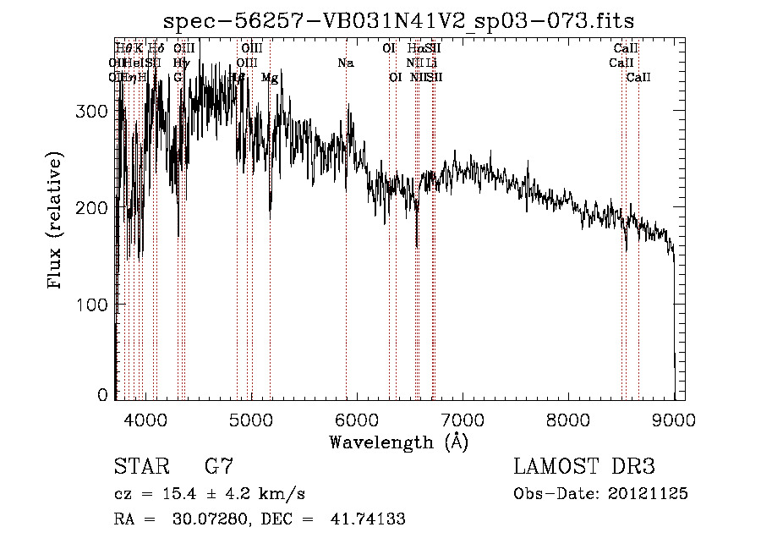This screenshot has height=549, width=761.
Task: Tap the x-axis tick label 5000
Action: click(251, 420)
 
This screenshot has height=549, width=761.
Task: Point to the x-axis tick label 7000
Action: click(463, 420)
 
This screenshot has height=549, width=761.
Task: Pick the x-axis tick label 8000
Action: click(568, 420)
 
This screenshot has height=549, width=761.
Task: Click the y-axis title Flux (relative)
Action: click(56, 222)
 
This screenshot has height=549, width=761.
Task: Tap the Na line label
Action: click(345, 63)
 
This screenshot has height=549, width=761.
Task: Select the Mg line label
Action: click(270, 78)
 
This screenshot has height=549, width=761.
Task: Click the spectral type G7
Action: click(219, 466)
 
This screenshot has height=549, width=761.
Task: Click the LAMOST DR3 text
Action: click(584, 466)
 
